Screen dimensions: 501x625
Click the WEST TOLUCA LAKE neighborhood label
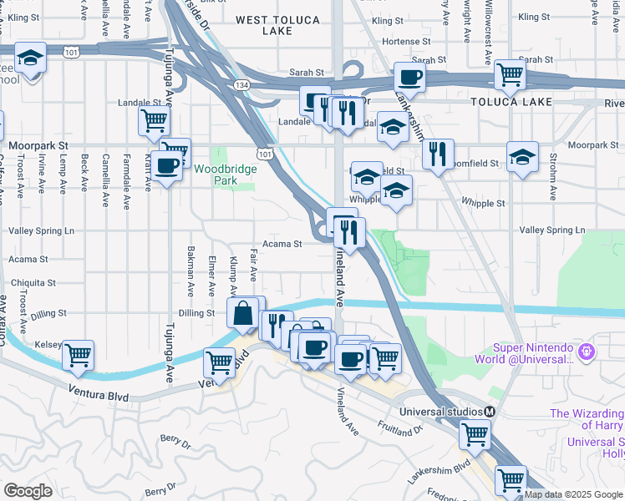tap(276, 24)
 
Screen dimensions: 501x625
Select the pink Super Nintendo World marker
tap(587, 353)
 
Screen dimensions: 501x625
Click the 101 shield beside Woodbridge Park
tap(265, 154)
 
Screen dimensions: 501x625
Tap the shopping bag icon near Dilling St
tap(242, 313)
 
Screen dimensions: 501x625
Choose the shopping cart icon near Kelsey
tap(78, 355)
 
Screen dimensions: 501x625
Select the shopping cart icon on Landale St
tap(154, 121)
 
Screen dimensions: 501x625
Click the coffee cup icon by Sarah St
tap(409, 77)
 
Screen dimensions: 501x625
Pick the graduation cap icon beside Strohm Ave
tap(522, 157)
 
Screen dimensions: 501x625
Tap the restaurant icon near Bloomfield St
tap(438, 153)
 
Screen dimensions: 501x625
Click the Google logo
tap(28, 490)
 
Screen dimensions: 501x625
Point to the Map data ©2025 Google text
tap(573, 494)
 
